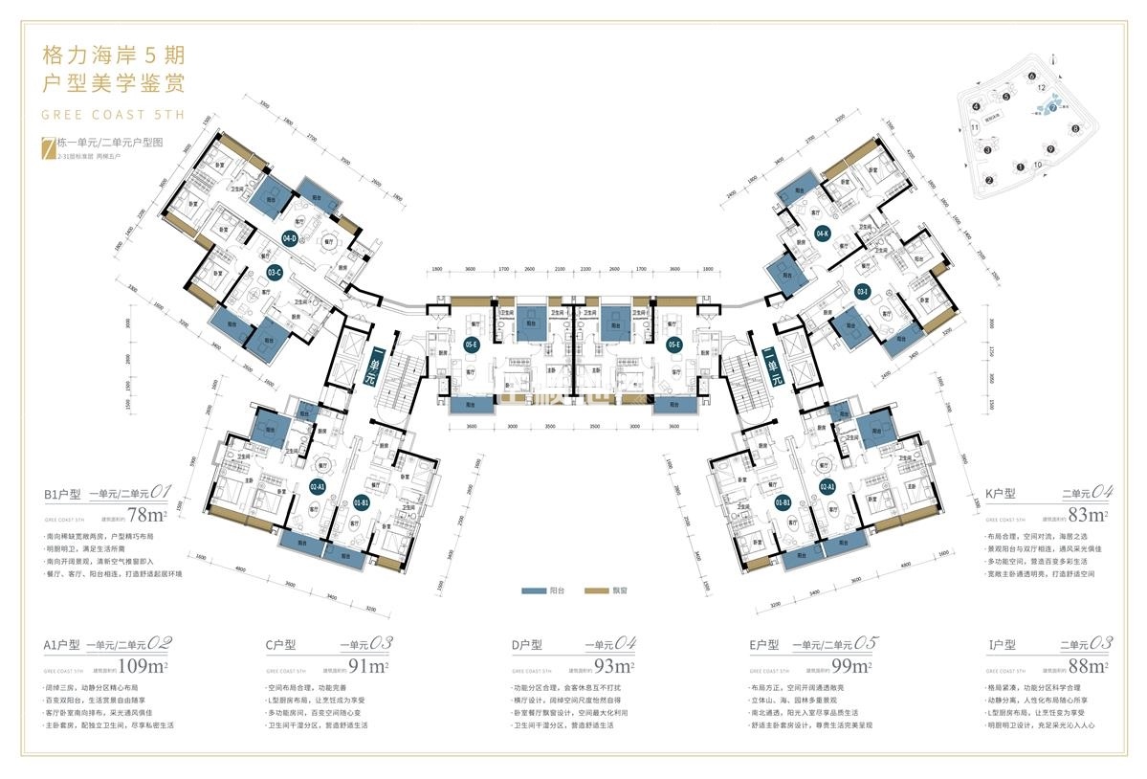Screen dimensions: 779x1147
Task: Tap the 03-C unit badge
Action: (275, 272)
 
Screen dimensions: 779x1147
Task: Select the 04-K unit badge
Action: (822, 233)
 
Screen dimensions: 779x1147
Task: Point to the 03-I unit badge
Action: (862, 291)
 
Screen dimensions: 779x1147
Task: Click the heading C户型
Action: (284, 645)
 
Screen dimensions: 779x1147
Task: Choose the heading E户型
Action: (770, 645)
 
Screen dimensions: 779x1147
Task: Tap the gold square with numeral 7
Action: (45, 146)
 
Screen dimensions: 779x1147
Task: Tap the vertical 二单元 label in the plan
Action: (769, 366)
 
